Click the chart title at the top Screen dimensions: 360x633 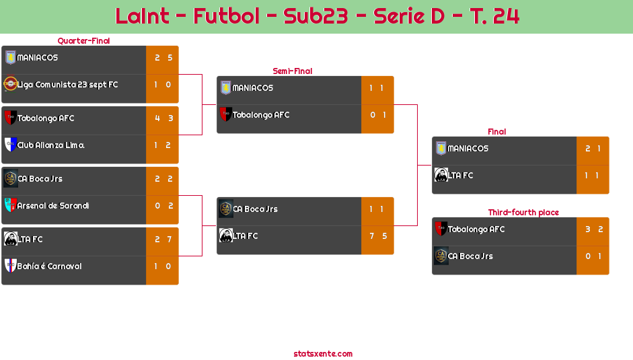tap(317, 16)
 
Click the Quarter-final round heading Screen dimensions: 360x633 tap(83, 41)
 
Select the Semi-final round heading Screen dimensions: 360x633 tap(291, 71)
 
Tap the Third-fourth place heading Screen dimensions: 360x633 tap(523, 213)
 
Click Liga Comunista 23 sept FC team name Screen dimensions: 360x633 tap(67, 85)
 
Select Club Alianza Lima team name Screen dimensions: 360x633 tap(50, 145)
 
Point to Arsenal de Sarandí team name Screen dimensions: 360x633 tap(53, 206)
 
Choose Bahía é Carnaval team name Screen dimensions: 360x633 tap(50, 266)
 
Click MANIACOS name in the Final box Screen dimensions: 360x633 tap(468, 149)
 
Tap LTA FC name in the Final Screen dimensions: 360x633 tap(461, 176)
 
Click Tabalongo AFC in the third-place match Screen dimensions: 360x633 tap(476, 229)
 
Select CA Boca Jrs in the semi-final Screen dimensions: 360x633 tap(255, 209)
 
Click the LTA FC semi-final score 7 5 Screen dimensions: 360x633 tap(377, 236)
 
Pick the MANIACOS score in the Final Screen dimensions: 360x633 tap(593, 149)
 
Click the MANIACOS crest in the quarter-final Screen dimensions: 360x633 tap(10, 57)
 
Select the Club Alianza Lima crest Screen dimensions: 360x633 tap(10, 145)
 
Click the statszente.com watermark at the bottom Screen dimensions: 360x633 tap(323, 354)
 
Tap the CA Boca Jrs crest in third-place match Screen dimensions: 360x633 tap(441, 256)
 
